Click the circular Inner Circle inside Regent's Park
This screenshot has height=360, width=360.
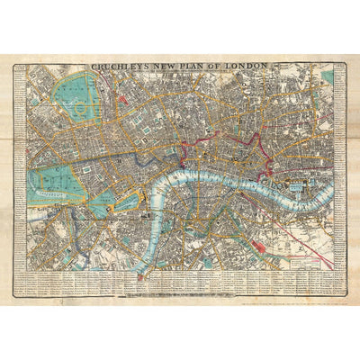pyautogui.click(x=86, y=102)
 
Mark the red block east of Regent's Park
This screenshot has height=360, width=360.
pyautogui.click(x=121, y=94)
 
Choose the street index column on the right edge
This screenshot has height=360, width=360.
pyautogui.click(x=339, y=180)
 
